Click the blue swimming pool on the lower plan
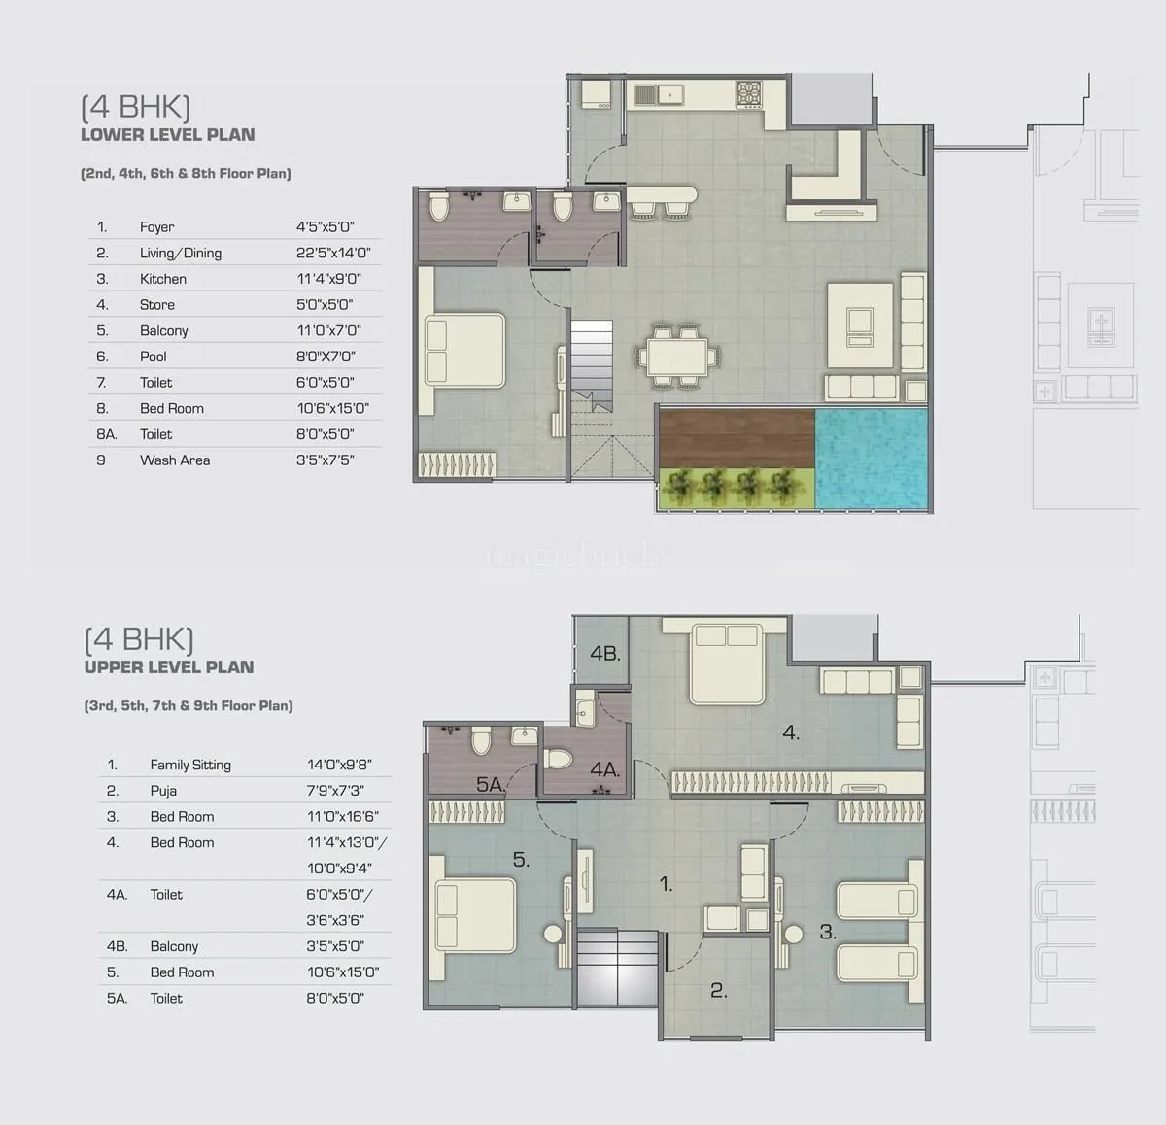click(x=872, y=459)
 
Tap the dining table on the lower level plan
click(x=677, y=357)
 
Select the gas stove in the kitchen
click(x=749, y=94)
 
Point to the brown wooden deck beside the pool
click(x=737, y=438)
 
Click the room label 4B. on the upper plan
click(x=605, y=653)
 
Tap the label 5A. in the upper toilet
click(x=491, y=784)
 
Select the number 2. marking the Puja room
click(x=719, y=991)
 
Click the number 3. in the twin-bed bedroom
click(x=828, y=932)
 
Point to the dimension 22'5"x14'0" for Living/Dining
click(x=333, y=253)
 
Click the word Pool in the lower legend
click(x=154, y=357)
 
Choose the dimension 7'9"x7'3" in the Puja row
click(x=335, y=791)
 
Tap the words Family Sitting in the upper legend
click(x=190, y=765)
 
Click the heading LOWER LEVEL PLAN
click(x=168, y=135)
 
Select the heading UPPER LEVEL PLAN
click(x=169, y=667)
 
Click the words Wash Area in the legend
click(x=175, y=460)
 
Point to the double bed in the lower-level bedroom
click(x=464, y=351)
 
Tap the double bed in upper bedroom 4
click(x=727, y=664)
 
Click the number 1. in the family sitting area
click(x=667, y=884)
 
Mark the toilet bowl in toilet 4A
click(x=559, y=760)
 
